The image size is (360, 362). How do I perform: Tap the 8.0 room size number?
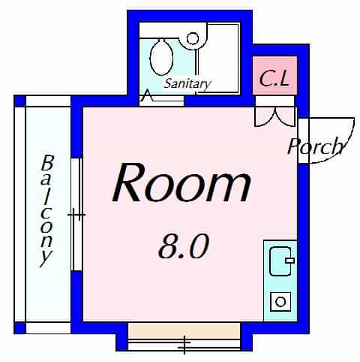(183, 246)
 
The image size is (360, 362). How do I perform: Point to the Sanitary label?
(187, 84)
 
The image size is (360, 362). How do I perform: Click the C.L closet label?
(274, 78)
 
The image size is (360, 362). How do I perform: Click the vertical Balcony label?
(47, 211)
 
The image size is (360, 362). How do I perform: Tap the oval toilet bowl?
(161, 57)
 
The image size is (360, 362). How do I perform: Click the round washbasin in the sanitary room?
(193, 38)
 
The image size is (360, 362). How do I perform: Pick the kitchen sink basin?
(280, 261)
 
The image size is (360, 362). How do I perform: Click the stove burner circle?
(280, 302)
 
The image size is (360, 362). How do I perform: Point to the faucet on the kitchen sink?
(289, 261)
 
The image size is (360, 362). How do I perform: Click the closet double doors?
(275, 116)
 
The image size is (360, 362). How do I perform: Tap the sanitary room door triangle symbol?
(147, 95)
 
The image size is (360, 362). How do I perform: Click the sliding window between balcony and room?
(76, 215)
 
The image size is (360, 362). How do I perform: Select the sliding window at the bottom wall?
(184, 345)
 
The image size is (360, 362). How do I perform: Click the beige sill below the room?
(184, 330)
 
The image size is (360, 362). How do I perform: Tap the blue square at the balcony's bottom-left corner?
(20, 328)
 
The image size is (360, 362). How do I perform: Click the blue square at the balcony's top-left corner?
(20, 101)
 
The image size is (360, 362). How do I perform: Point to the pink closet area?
(274, 76)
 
